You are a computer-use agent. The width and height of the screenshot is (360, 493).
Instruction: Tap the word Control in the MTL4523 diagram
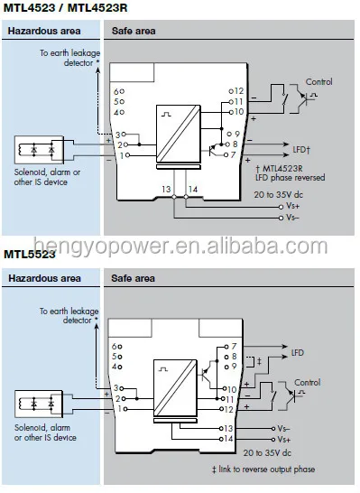(318, 82)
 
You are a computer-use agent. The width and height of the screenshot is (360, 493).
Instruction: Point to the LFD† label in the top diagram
(304, 144)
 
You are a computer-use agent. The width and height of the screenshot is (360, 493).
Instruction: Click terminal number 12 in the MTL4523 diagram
(238, 91)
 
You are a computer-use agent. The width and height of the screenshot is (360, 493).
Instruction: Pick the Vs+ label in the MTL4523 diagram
(291, 206)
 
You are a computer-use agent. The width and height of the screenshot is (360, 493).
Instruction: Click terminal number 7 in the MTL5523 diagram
(233, 346)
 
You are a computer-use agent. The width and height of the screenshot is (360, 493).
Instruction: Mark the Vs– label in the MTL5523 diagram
(283, 427)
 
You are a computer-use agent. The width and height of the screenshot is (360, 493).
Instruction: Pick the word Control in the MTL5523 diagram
(307, 382)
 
